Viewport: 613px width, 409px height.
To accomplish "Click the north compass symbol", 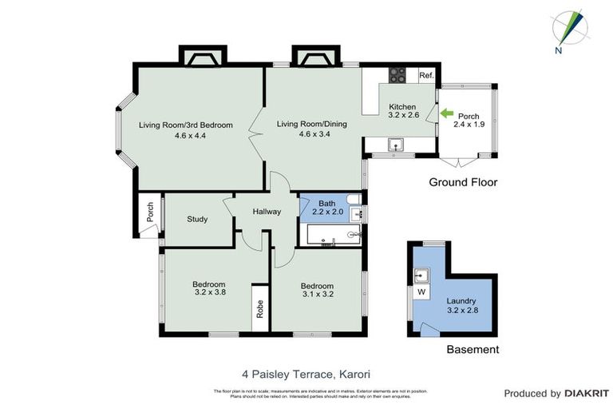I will click(x=571, y=29).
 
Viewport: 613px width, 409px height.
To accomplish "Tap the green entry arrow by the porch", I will click(x=445, y=114).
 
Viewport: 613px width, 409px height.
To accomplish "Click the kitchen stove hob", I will click(x=397, y=76).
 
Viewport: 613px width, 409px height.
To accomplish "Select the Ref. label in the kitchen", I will click(x=426, y=76).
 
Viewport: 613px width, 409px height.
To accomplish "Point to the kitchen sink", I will click(x=396, y=145).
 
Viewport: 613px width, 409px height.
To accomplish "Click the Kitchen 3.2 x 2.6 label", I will click(x=402, y=112).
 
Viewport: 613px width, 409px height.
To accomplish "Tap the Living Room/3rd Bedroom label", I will click(x=185, y=130).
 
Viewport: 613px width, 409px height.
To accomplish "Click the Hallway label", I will click(x=267, y=212).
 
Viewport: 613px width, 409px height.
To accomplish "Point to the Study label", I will click(x=197, y=219).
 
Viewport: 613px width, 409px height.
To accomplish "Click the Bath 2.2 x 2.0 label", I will click(x=327, y=208).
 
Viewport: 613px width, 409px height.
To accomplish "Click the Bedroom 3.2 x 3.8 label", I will click(x=209, y=288).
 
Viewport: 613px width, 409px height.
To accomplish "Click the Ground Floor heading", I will click(x=463, y=182).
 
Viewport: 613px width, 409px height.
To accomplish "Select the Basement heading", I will click(x=473, y=349).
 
